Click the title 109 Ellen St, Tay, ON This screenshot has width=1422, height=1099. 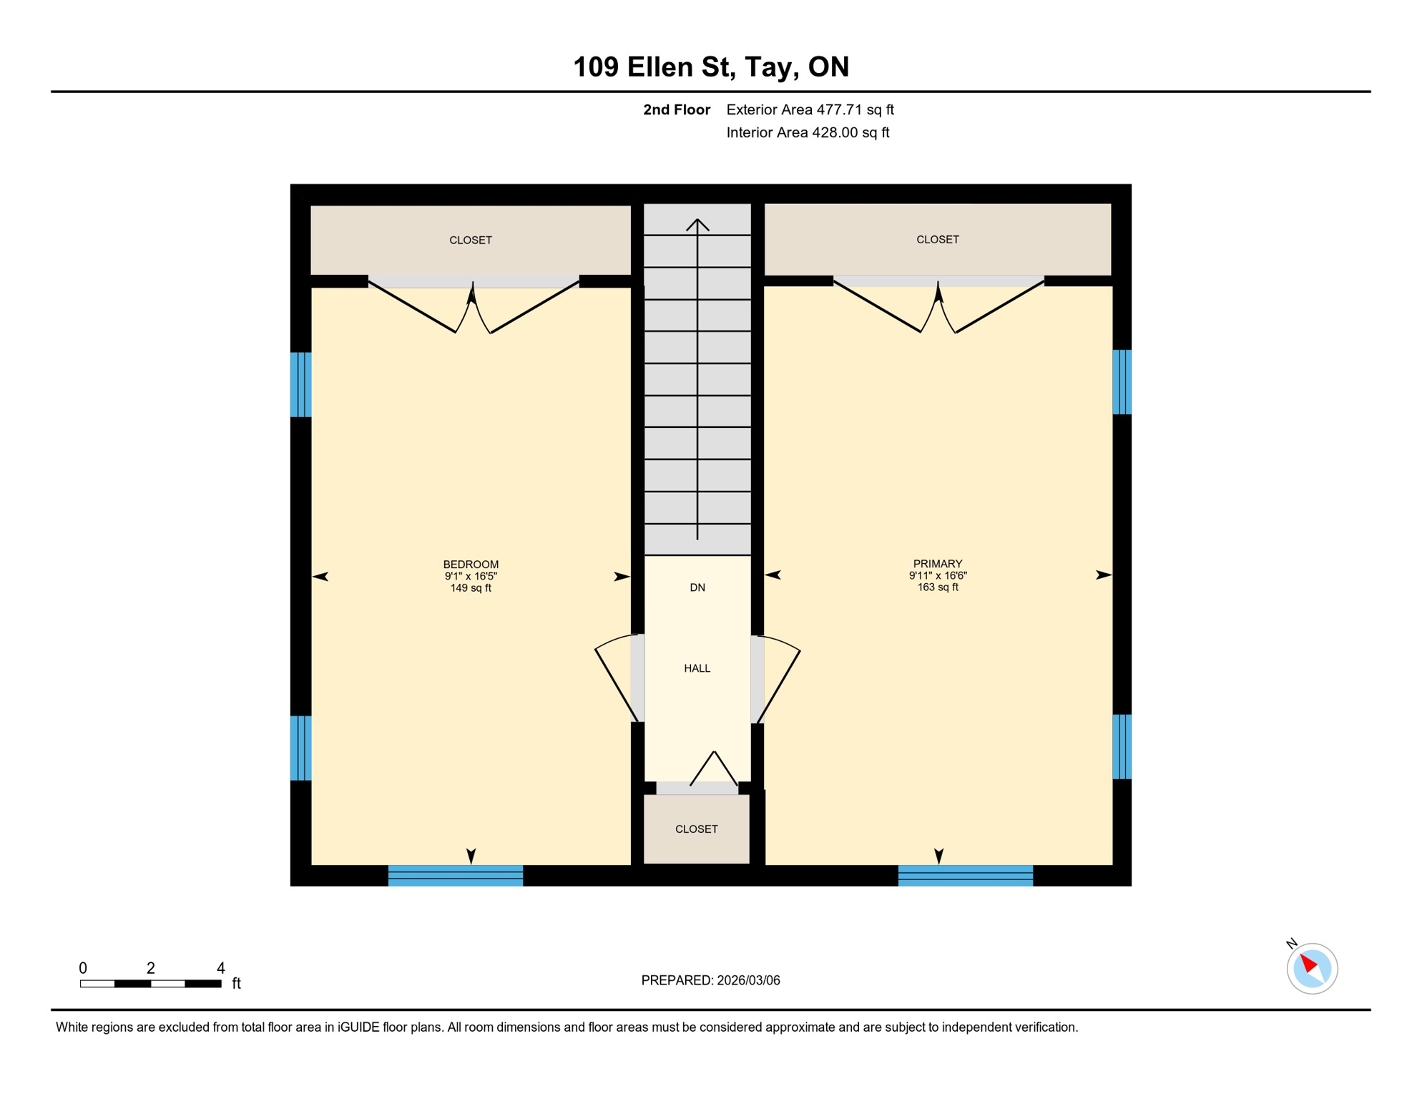pyautogui.click(x=711, y=67)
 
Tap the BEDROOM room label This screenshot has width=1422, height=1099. pyautogui.click(x=471, y=565)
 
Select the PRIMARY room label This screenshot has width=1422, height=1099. pyautogui.click(x=937, y=564)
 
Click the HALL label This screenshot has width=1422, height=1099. pyautogui.click(x=697, y=668)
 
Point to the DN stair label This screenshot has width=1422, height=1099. pyautogui.click(x=697, y=587)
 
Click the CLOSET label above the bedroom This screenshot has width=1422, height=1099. pyautogui.click(x=471, y=240)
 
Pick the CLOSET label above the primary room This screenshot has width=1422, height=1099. pyautogui.click(x=937, y=240)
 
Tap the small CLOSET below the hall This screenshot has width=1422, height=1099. pyautogui.click(x=696, y=829)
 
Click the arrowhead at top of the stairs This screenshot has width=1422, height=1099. pyautogui.click(x=697, y=224)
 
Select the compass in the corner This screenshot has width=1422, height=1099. pyautogui.click(x=1312, y=968)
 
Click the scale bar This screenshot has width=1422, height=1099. pyautogui.click(x=150, y=984)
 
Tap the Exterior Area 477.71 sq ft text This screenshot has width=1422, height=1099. pyautogui.click(x=810, y=109)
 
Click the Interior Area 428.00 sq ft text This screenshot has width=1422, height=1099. pyautogui.click(x=808, y=132)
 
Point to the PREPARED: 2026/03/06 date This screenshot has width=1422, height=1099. pyautogui.click(x=710, y=980)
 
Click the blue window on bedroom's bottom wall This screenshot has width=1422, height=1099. pyautogui.click(x=456, y=875)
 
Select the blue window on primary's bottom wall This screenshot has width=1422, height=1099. pyautogui.click(x=965, y=875)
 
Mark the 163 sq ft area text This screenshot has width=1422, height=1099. pyautogui.click(x=937, y=587)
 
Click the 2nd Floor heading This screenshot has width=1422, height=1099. pyautogui.click(x=676, y=109)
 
